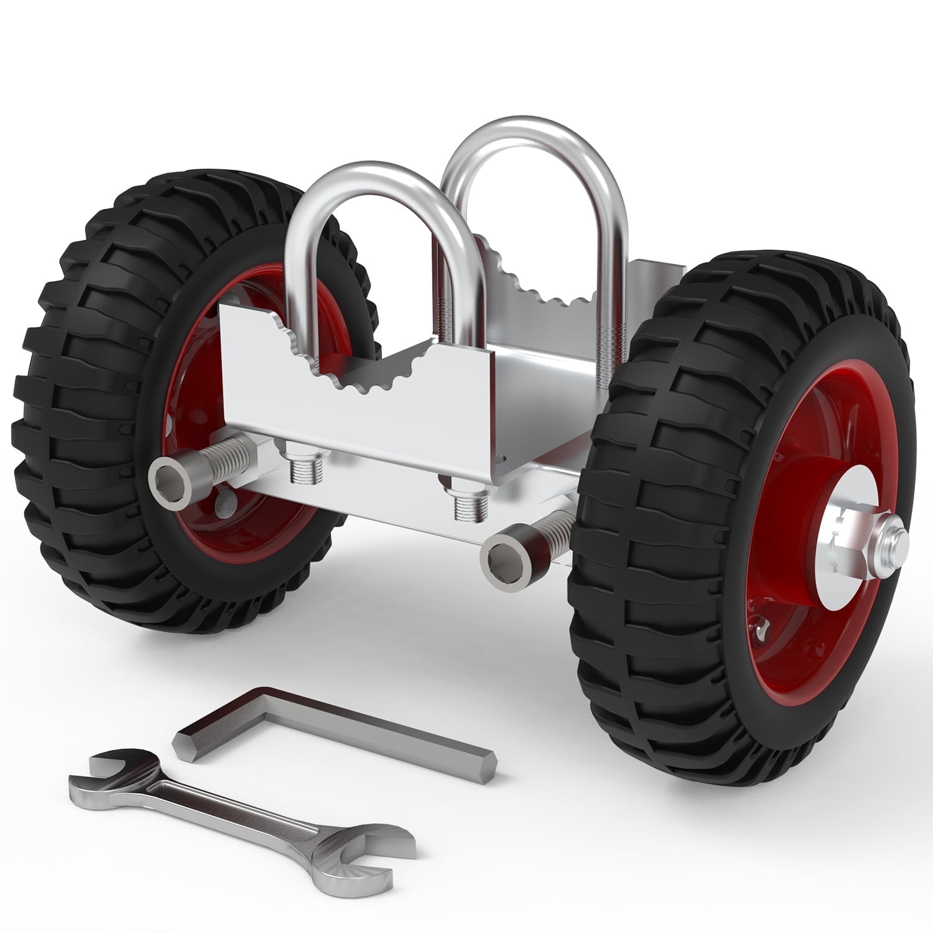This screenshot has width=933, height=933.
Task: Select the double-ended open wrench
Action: (236, 809)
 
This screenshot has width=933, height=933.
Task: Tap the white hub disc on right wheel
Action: (827, 547)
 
